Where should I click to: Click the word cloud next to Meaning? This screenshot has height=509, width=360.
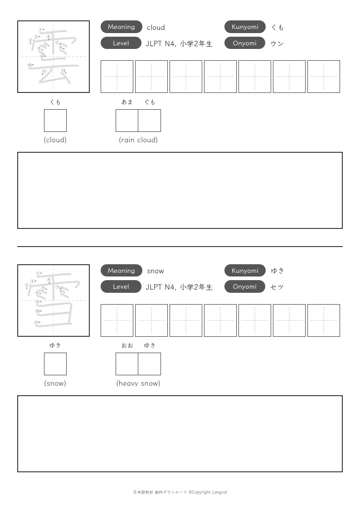(156, 28)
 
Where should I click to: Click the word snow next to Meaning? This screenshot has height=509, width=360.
(156, 271)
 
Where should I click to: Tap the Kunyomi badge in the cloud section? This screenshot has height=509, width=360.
(245, 27)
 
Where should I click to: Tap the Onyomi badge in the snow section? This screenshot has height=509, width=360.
(245, 286)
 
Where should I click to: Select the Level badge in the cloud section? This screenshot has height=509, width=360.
(121, 43)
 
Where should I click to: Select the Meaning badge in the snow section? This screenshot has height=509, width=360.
(122, 271)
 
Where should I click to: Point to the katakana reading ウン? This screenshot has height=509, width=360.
(277, 44)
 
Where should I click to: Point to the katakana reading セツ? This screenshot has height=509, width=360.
(277, 287)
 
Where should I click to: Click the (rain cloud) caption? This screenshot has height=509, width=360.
(138, 140)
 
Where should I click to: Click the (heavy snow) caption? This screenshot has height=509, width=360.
(138, 383)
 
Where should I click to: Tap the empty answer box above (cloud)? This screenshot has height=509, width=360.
(55, 121)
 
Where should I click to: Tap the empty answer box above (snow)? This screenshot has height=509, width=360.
(55, 364)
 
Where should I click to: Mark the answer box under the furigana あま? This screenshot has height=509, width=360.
(127, 121)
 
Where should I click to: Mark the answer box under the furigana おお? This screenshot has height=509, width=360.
(127, 364)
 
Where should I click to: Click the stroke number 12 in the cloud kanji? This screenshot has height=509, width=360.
(63, 70)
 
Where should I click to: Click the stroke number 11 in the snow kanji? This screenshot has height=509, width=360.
(36, 322)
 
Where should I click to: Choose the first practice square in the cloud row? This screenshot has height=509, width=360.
(117, 77)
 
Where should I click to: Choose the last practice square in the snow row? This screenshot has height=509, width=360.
(324, 320)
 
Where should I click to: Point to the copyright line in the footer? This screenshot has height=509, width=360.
(180, 492)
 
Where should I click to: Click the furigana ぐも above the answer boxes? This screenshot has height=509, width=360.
(150, 102)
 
